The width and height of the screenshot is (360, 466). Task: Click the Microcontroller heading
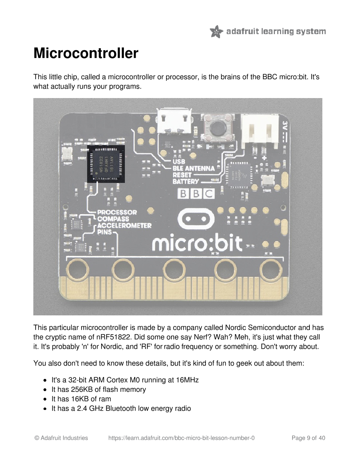point(86,53)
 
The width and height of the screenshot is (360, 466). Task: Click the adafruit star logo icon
point(216,31)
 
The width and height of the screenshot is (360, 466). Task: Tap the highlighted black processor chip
point(106,163)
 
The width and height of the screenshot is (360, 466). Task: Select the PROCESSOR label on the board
point(117,212)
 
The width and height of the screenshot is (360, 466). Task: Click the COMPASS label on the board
point(113,219)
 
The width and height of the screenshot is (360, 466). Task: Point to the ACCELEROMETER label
point(124,226)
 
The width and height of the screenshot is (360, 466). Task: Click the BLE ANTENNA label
point(194,168)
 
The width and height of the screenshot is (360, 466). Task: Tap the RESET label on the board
point(182,175)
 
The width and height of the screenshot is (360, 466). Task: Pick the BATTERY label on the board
point(186,182)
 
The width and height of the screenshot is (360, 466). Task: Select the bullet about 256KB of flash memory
point(99,390)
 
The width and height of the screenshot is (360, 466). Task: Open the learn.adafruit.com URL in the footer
point(181,438)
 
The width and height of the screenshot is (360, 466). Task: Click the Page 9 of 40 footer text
point(308,438)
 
